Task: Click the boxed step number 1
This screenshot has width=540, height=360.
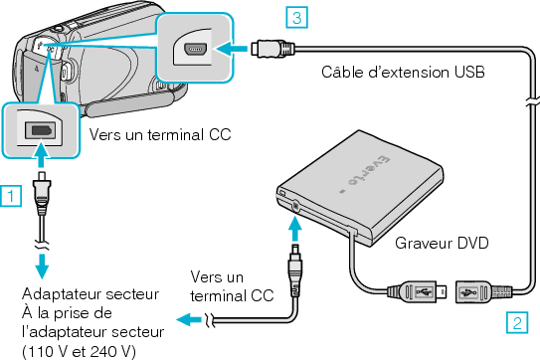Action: click(9, 195)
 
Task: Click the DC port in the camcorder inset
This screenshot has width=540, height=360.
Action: click(42, 129)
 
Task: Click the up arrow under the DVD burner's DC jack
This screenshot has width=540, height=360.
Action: click(295, 228)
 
